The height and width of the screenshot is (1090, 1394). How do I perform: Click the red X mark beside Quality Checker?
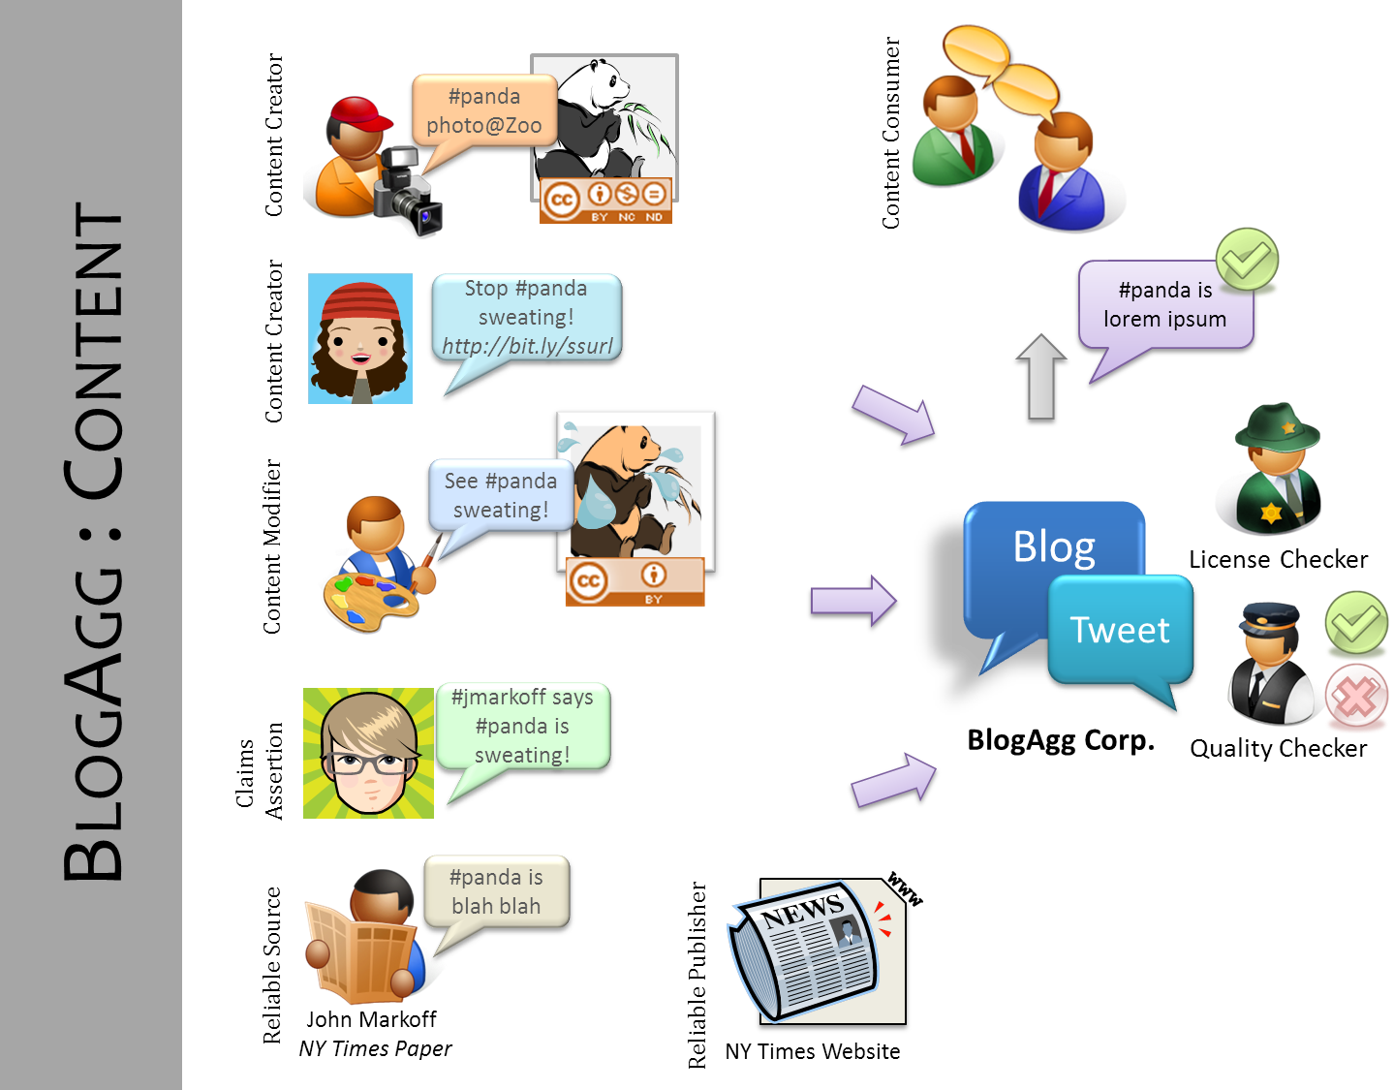[1355, 696]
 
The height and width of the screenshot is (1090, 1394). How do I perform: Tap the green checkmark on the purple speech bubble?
[1248, 260]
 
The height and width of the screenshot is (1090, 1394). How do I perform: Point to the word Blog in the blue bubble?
[1054, 547]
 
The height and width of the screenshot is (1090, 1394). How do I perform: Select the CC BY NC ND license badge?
[605, 201]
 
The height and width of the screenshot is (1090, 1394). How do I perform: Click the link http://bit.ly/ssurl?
[528, 346]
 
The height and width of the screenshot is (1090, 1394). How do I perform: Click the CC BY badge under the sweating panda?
[635, 582]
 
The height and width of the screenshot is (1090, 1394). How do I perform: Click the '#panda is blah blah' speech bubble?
[496, 891]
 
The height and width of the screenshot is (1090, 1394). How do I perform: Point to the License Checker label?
[1278, 559]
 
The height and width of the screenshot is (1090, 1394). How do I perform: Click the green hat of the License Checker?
[1277, 426]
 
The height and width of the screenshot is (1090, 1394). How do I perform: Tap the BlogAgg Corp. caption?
[1061, 740]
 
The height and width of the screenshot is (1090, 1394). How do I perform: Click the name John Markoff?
[371, 1019]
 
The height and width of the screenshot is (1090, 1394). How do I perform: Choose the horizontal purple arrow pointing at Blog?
[852, 602]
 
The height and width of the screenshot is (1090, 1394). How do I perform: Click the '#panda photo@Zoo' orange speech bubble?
[483, 111]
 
